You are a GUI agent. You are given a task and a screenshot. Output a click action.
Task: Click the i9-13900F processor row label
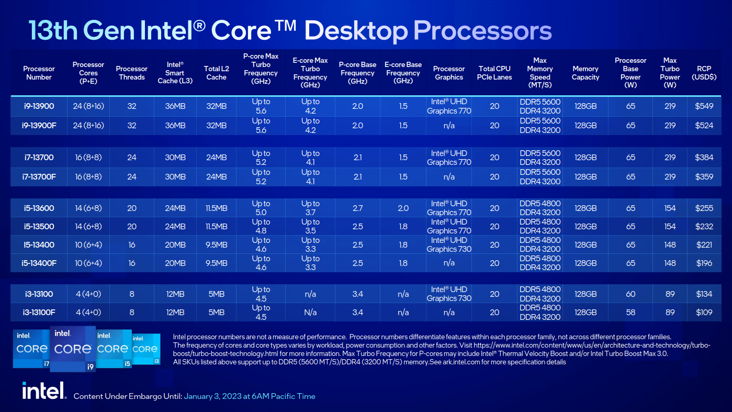pos(40,125)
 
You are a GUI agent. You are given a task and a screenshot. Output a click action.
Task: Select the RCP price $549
pos(704,106)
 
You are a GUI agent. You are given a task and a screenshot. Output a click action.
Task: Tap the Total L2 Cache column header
pos(216,73)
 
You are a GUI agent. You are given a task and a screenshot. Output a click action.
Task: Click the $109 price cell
pos(704,312)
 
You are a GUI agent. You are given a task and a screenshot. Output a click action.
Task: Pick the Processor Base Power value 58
pos(630,312)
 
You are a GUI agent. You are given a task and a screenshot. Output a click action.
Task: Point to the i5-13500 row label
pos(39,226)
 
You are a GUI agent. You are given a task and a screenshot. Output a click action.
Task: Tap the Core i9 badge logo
pos(72,348)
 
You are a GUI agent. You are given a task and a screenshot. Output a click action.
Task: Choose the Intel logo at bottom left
pos(44,391)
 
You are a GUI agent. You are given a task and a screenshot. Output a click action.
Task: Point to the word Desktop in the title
pos(356,31)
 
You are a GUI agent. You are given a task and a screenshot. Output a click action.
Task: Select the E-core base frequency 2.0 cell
pos(403,208)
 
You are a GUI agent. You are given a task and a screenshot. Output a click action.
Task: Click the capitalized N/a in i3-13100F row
pos(310,312)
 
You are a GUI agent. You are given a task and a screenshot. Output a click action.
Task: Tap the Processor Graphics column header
pos(448,73)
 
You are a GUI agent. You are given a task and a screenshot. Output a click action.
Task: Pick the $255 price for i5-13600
pos(704,208)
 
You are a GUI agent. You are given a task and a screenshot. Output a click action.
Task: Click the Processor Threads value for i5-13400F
pos(132,263)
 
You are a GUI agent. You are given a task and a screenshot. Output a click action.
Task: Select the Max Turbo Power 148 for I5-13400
pos(670,244)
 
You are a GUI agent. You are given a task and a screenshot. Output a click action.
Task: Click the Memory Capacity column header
pos(585,73)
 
